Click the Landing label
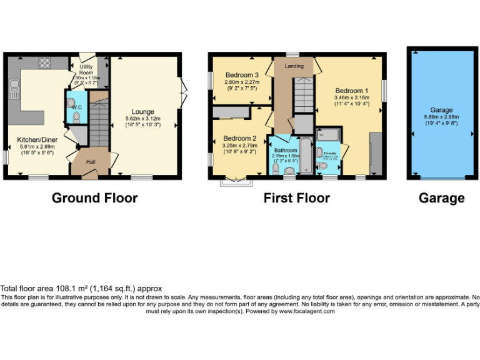click(294, 66)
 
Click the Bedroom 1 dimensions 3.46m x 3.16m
click(352, 98)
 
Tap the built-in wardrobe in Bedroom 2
click(231, 112)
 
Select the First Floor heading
click(297, 198)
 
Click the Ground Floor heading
click(94, 198)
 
